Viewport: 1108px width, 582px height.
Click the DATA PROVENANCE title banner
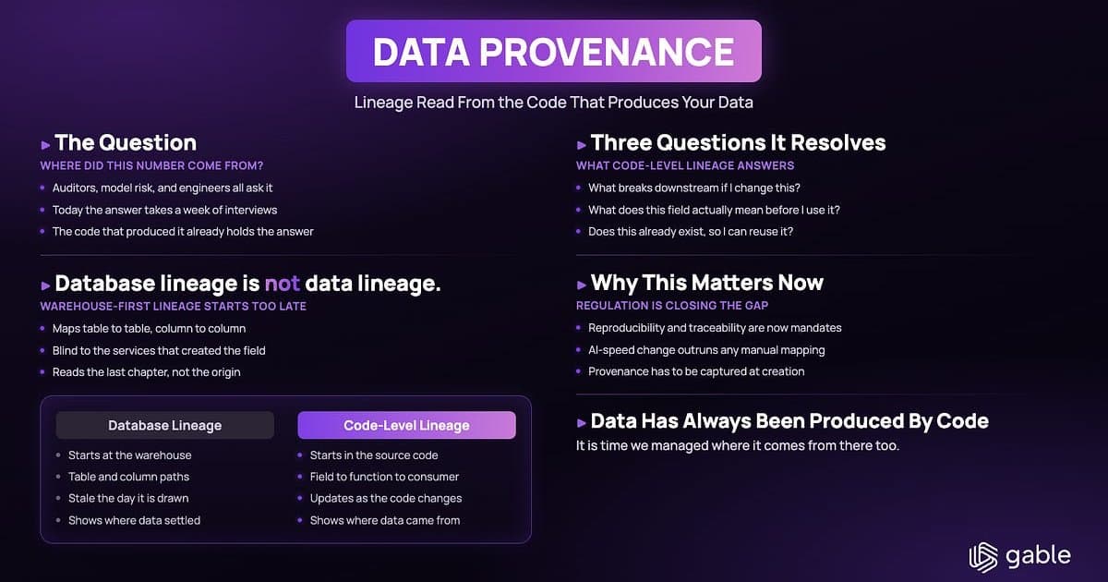[x=553, y=51]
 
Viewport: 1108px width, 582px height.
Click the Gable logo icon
[x=982, y=557]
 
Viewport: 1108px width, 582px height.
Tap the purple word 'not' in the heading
[x=282, y=284]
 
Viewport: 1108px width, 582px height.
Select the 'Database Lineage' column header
[x=164, y=425]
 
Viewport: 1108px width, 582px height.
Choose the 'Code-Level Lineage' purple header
[x=406, y=425]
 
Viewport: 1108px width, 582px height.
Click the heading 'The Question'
[x=126, y=142]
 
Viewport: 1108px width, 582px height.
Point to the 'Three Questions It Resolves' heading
[x=738, y=142]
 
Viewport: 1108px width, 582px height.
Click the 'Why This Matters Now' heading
[x=707, y=283]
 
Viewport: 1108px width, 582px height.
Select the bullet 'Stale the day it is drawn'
[x=128, y=498]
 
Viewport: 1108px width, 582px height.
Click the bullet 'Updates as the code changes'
[x=386, y=498]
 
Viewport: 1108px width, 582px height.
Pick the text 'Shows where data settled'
[x=135, y=520]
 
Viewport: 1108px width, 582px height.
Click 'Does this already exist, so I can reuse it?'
[x=691, y=232]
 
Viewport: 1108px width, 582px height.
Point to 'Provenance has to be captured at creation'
[x=696, y=371]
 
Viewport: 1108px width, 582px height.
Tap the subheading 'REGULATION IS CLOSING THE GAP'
[x=672, y=306]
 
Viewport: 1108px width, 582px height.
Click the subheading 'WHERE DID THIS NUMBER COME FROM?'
[x=151, y=165]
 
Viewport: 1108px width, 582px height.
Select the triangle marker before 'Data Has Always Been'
[x=582, y=423]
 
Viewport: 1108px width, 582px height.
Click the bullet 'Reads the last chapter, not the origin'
[x=147, y=372]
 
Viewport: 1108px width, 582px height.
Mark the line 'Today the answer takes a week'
[x=164, y=210]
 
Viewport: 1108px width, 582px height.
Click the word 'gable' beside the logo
[x=1038, y=556]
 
